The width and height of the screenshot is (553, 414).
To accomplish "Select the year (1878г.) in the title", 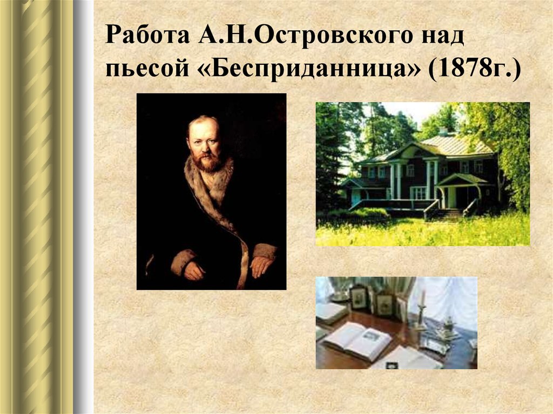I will point(475,71).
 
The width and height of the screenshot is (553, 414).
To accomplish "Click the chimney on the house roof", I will point(443,131).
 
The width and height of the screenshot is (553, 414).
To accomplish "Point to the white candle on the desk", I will point(423,298).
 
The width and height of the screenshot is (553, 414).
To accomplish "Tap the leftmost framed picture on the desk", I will point(359,297).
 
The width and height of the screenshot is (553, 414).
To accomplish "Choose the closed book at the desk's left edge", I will point(329,311).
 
